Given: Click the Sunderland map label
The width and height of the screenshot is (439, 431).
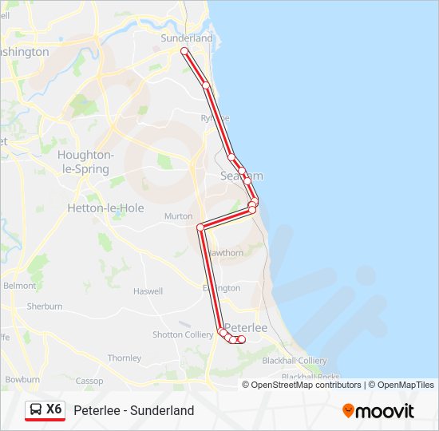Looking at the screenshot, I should (x=187, y=38).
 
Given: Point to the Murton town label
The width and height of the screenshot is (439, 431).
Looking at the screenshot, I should (x=178, y=216).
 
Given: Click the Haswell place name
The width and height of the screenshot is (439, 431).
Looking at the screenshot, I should (x=148, y=291).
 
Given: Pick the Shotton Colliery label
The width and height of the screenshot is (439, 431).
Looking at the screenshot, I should (x=183, y=334).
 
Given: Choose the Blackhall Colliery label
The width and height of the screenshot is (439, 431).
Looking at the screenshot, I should (x=295, y=361).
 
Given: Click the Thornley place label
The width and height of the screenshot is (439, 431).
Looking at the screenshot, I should (x=125, y=358).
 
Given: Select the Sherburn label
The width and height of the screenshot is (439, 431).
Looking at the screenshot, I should (x=45, y=306).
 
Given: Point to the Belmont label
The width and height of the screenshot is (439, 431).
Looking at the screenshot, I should (x=20, y=285).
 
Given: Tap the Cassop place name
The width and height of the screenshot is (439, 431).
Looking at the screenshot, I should (x=89, y=381).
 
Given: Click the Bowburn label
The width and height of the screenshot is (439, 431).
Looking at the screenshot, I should (x=22, y=379).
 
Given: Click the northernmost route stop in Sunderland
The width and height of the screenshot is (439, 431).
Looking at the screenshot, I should (x=184, y=51).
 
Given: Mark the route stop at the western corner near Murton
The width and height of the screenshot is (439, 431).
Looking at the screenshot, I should (x=200, y=227).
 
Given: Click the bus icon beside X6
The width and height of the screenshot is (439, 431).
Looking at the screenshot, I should (x=35, y=409).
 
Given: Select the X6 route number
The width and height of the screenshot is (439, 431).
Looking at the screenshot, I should (x=53, y=409).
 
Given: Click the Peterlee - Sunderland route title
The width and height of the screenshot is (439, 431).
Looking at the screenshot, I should (x=134, y=410).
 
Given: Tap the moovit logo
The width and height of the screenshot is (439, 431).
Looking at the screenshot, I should (x=378, y=410).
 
